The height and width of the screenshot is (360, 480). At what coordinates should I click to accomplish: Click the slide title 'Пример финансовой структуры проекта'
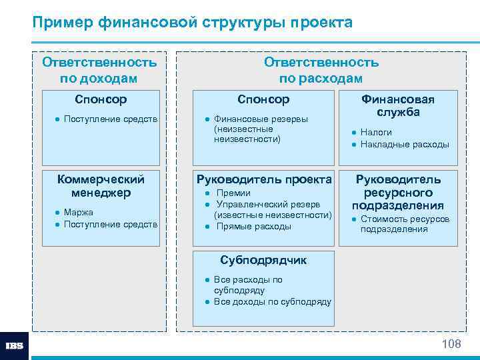click(x=193, y=23)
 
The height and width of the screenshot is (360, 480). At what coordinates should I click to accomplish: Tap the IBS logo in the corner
click(x=14, y=346)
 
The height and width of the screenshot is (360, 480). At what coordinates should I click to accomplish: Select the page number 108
click(x=451, y=344)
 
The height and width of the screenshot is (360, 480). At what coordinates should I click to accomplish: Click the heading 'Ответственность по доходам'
click(x=99, y=70)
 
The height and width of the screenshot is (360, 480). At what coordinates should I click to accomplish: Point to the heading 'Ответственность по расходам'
click(x=321, y=70)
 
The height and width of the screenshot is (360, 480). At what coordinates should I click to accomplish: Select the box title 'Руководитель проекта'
click(x=263, y=179)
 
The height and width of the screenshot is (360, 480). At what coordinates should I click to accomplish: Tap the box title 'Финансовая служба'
click(x=397, y=105)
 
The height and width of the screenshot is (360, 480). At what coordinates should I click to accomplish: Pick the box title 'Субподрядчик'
click(x=263, y=260)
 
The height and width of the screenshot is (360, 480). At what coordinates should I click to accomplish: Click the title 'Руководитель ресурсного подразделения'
click(x=397, y=192)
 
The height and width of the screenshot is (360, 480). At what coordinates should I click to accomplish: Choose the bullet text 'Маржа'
click(x=79, y=212)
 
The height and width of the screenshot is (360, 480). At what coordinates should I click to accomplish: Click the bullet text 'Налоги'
click(x=376, y=132)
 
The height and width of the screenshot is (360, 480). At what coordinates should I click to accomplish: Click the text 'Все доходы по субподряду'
click(x=272, y=302)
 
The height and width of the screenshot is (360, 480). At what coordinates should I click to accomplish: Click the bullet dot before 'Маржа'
click(x=58, y=213)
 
